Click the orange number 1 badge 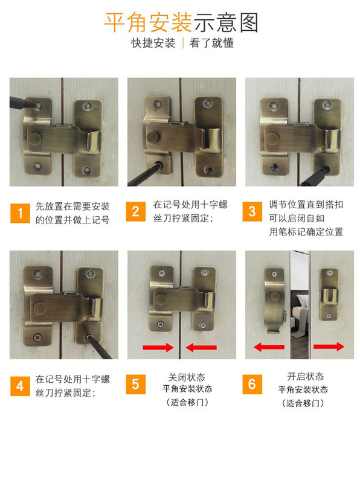tap(20, 213)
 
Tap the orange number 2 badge tap(136, 211)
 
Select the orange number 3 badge tap(252, 211)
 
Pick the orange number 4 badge tap(20, 385)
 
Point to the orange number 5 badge tap(136, 383)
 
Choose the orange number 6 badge tap(252, 383)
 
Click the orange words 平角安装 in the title tap(148, 22)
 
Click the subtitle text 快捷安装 tap(153, 43)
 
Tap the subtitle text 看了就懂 tap(211, 43)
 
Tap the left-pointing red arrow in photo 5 tap(201, 347)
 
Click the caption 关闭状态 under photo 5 tap(187, 376)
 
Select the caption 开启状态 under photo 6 tap(305, 376)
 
